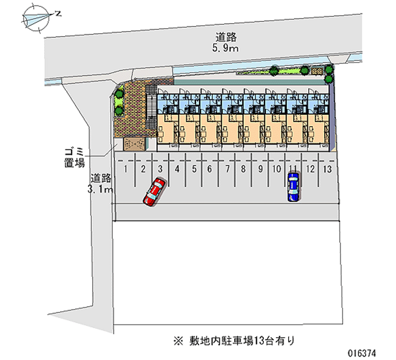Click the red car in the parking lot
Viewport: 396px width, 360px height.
point(154,191)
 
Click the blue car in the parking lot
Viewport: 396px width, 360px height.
point(293,187)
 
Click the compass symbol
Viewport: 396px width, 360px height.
point(36,19)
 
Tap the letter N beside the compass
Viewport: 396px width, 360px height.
point(58,13)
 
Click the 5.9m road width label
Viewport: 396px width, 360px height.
point(225,48)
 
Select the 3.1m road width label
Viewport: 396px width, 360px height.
point(100,189)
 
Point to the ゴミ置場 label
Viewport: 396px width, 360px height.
point(74,157)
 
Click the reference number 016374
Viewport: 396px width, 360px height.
point(362,353)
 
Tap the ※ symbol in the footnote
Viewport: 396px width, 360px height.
point(178,341)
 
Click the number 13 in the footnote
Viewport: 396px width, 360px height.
point(258,341)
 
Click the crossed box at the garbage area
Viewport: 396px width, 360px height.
point(134,144)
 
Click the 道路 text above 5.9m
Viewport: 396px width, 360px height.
point(226,38)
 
